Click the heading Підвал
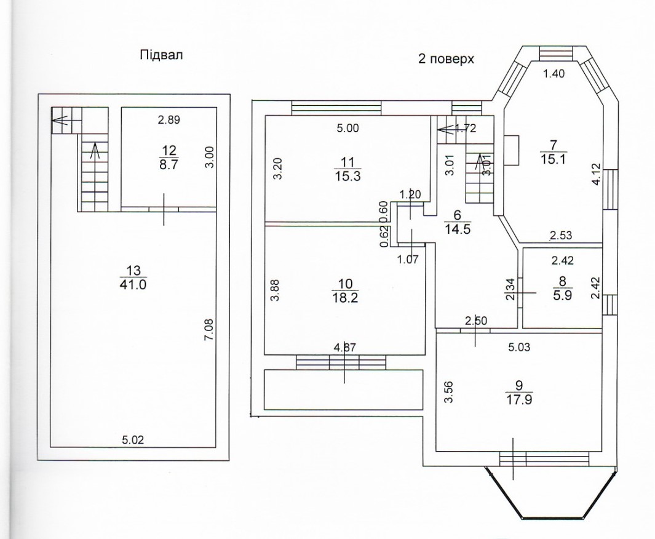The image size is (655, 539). tap(161, 55)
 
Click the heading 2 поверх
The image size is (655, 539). tap(446, 59)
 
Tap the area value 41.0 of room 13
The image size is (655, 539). tap(133, 285)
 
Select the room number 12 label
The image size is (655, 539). tap(169, 150)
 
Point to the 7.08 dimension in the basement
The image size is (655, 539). tap(209, 330)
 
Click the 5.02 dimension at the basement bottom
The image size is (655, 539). tap(133, 439)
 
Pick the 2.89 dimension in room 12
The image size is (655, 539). tap(169, 120)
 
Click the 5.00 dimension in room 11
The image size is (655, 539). tap(347, 128)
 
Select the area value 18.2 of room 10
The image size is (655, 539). tap(346, 298)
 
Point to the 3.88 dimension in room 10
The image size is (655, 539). tap(276, 290)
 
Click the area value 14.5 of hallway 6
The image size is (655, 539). tap(458, 229)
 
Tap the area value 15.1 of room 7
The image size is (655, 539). tap(554, 159)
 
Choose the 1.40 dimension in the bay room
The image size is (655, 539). tap(554, 74)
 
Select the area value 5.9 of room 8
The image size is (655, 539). tap(563, 295)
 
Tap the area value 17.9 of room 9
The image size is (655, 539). tap(519, 399)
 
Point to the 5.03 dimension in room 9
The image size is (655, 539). tap(519, 347)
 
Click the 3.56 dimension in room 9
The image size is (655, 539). tap(448, 392)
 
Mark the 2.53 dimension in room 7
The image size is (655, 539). tap(560, 236)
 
